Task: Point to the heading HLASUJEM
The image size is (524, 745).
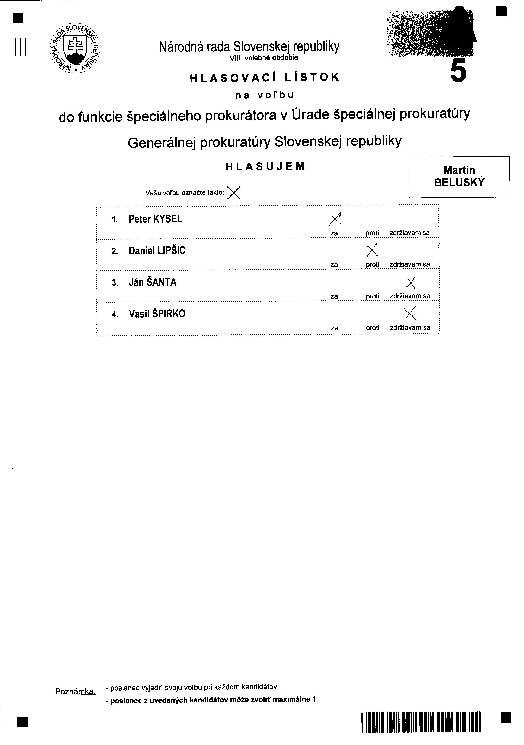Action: click(x=265, y=166)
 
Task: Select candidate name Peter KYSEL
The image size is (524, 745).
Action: click(x=155, y=219)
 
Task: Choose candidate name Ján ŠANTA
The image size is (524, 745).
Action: click(x=153, y=282)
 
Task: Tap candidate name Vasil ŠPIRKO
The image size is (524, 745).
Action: click(x=157, y=314)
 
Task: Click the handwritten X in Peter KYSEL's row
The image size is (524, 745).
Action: click(x=335, y=219)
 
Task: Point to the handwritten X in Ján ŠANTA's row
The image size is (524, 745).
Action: click(x=410, y=283)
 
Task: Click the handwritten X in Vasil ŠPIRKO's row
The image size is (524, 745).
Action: click(x=410, y=313)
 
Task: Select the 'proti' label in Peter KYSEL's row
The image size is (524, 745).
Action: click(x=372, y=233)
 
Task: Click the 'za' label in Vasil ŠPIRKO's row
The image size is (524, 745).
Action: click(x=334, y=328)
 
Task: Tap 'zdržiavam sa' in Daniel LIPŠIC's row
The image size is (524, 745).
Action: click(x=410, y=264)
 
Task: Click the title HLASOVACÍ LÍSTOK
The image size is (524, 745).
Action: click(x=264, y=78)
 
